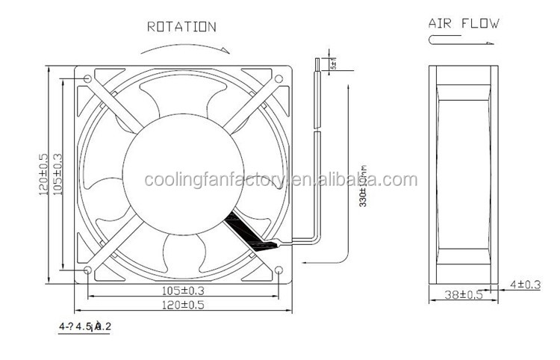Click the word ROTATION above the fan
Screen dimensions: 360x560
[181, 27]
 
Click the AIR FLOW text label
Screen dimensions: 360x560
[463, 22]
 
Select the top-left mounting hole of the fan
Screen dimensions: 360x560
[89, 78]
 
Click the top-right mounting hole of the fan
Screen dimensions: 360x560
[279, 78]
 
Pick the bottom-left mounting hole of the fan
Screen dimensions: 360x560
[89, 270]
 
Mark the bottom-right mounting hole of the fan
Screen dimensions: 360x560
[279, 270]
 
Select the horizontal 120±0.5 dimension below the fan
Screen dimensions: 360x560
[183, 304]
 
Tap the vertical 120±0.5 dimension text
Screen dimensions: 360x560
[45, 173]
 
